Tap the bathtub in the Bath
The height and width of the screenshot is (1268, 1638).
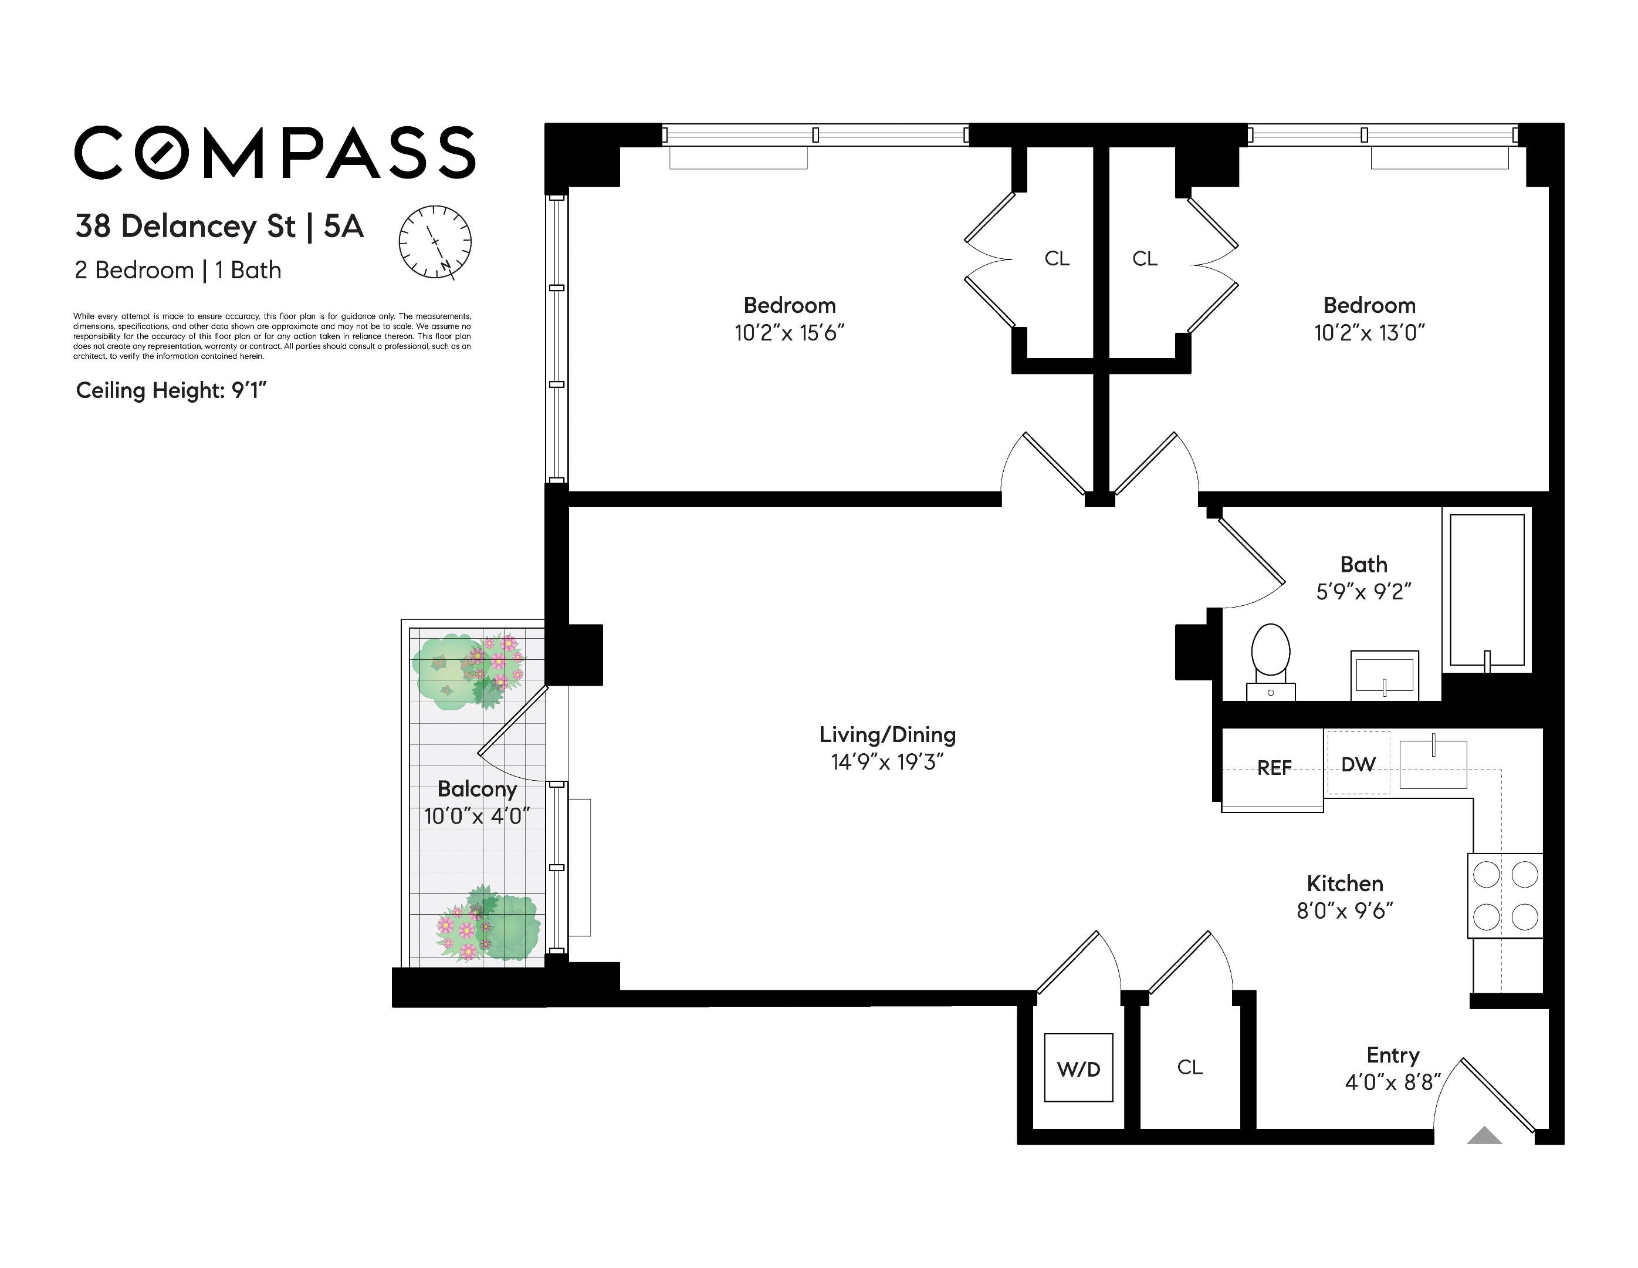pos(1487,591)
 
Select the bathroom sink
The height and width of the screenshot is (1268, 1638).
pos(1385,675)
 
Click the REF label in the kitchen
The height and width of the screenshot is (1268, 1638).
pos(1274,768)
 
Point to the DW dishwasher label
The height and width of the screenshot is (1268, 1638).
pos(1358,764)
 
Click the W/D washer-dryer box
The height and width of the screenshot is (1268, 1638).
pos(1078,1068)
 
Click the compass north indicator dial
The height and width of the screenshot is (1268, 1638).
pos(435,242)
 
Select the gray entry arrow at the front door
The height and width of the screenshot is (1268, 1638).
pos(1484,1135)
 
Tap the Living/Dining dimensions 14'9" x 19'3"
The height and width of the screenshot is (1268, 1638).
pos(887,763)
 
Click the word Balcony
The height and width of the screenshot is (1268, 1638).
pos(477,790)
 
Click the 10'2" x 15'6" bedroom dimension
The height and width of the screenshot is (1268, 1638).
pos(790,333)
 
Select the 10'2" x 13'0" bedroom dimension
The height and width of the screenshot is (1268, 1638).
pos(1369,333)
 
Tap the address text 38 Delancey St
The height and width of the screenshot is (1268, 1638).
pos(185,226)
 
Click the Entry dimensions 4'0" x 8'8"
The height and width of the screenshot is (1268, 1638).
pos(1393,1082)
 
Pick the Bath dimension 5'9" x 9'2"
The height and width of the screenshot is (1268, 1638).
pos(1363,592)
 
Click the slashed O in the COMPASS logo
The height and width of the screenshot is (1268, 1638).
pos(162,153)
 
